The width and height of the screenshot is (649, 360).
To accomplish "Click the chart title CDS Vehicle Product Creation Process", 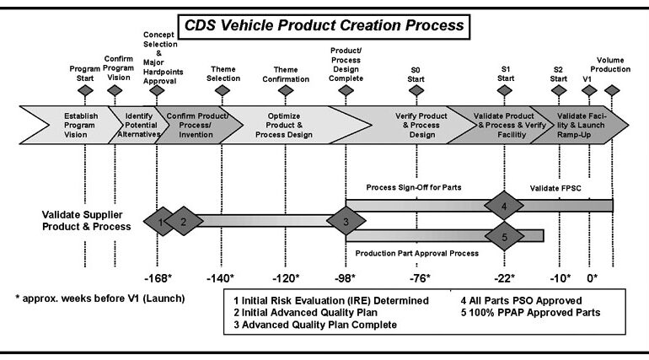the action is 324,25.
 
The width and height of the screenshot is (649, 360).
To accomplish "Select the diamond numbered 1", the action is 159,222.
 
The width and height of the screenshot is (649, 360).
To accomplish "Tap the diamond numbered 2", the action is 184,222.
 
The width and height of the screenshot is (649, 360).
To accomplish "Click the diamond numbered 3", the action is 346,221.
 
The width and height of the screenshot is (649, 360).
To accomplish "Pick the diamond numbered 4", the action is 504,206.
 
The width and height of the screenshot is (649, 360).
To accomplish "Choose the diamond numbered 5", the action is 504,236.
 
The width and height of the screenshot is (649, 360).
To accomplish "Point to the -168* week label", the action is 158,278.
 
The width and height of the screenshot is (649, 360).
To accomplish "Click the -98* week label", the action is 345,278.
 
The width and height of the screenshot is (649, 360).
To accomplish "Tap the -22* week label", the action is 504,278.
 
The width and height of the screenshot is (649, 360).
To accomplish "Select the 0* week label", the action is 592,278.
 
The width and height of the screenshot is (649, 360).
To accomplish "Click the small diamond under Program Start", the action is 85,90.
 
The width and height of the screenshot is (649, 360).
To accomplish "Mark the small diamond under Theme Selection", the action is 223,90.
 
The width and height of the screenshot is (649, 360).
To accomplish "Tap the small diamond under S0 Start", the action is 416,90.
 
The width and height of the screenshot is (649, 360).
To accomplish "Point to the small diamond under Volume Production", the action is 612,90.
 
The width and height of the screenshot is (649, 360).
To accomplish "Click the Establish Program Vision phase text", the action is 80,126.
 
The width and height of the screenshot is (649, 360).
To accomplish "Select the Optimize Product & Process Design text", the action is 284,126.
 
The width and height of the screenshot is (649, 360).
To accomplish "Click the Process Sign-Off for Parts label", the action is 414,187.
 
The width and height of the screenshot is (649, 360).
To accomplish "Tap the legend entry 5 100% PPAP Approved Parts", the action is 530,313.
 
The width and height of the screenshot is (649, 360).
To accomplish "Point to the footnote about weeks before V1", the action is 99,298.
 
